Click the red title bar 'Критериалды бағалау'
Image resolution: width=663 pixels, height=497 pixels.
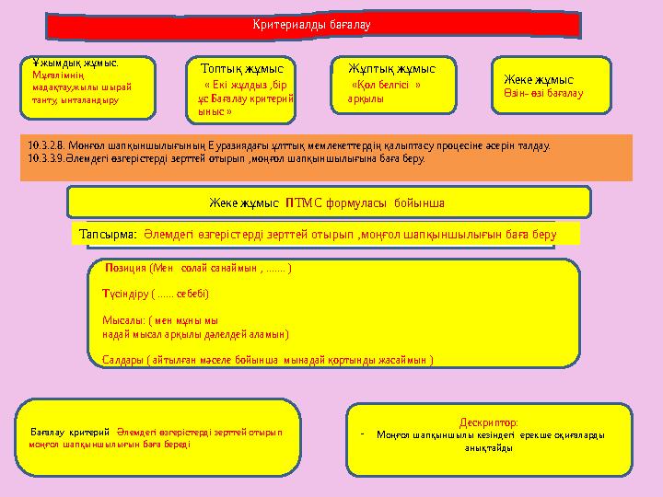312,24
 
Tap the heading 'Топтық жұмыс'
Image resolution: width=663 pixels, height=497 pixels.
242,68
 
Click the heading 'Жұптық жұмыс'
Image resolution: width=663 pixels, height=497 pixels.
392,68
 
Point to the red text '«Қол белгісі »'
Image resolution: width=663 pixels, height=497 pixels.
387,84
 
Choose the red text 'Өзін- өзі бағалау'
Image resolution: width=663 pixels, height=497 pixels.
543,94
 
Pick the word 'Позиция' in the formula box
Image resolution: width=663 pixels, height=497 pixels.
127,270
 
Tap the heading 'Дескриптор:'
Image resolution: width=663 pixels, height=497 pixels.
482,422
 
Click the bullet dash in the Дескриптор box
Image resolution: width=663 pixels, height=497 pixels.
364,434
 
